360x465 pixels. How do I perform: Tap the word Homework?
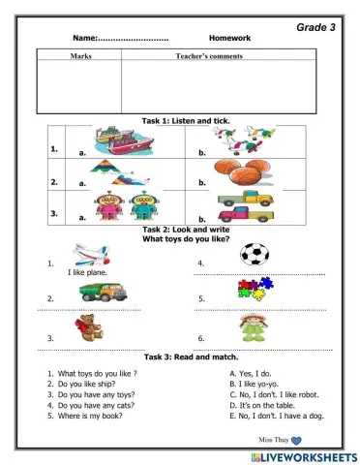(x=228, y=39)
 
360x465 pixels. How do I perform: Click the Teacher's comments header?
(x=209, y=57)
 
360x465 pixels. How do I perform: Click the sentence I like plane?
(x=88, y=274)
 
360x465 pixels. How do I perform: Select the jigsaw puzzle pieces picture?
(x=255, y=288)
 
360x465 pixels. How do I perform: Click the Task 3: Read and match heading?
(x=186, y=357)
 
